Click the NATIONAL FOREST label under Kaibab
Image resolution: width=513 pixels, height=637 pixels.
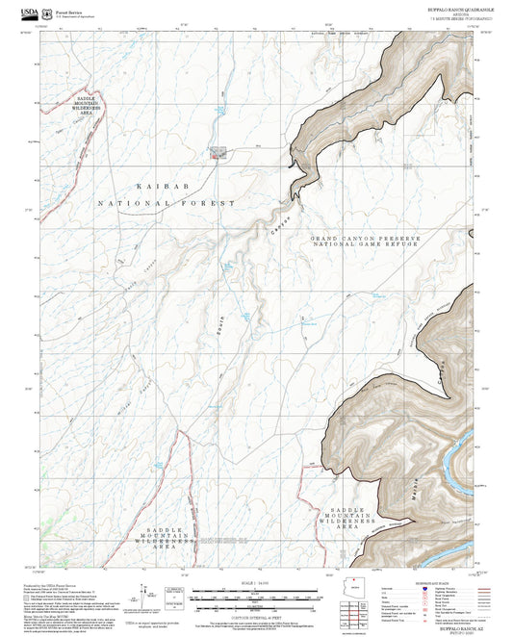[166, 204]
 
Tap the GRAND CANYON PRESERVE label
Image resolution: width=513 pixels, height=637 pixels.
[366, 238]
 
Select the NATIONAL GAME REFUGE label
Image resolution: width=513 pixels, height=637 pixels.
[366, 245]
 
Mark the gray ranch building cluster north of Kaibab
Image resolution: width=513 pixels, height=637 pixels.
[218, 152]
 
